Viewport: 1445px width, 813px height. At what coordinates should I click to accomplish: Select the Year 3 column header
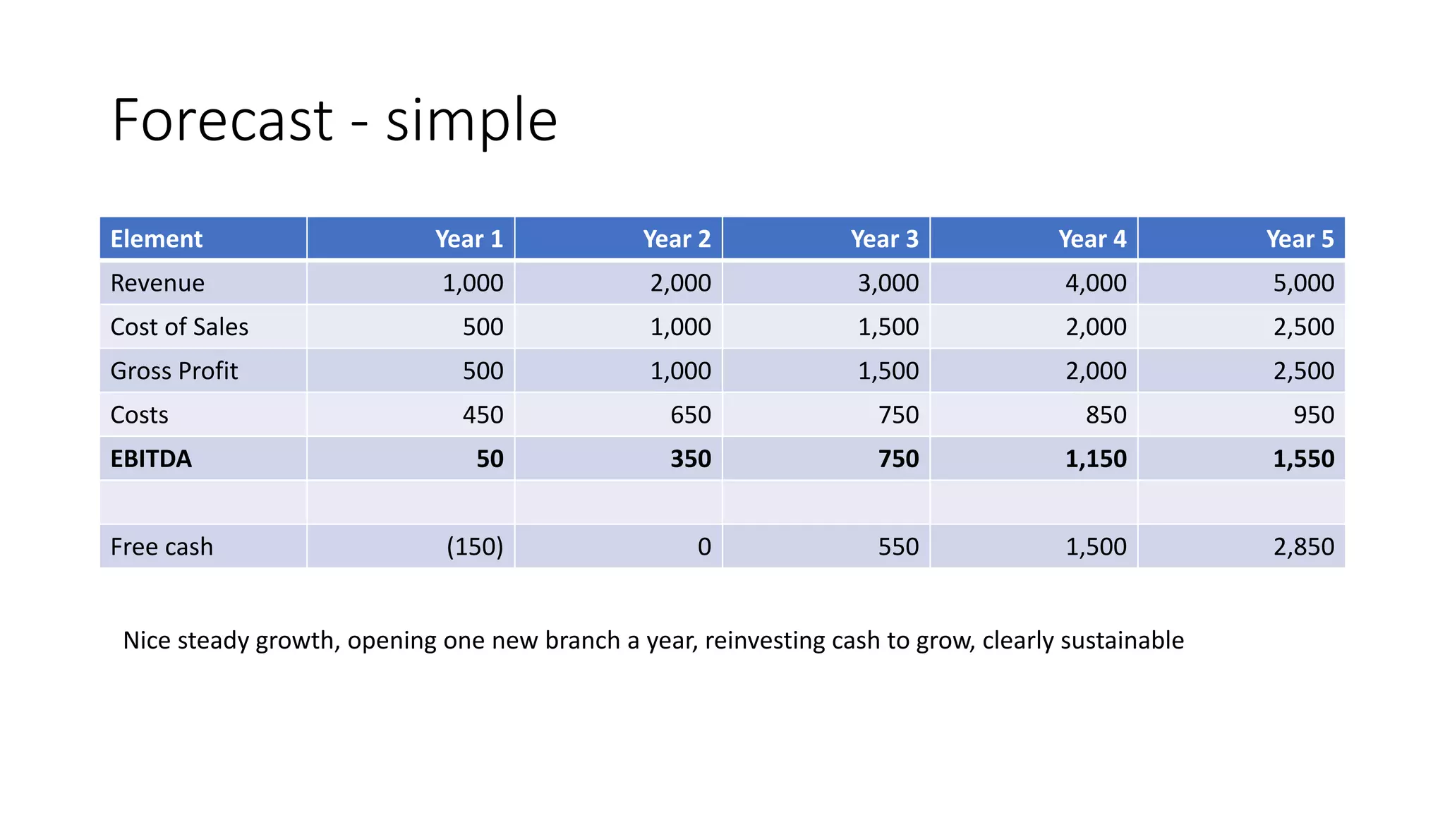pos(884,239)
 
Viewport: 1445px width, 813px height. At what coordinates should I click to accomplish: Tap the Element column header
pos(157,239)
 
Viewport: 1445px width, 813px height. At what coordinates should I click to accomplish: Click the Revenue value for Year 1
pos(473,283)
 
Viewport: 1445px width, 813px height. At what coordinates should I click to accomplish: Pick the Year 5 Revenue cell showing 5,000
pos(1303,283)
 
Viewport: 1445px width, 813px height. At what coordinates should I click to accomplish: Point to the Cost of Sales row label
pos(179,327)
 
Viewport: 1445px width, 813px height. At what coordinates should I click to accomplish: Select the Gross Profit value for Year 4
pos(1096,371)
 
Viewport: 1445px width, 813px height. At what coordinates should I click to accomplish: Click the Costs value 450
pos(483,414)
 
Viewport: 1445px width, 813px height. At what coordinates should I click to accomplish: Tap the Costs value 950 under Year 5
pos(1313,414)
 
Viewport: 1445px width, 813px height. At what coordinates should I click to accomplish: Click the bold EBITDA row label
pos(151,459)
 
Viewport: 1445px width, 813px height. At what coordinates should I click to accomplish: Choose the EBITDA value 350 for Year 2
pos(690,459)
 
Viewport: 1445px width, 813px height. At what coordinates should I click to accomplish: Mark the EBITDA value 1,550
pos(1303,459)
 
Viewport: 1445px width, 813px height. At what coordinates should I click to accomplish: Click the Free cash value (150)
pos(475,546)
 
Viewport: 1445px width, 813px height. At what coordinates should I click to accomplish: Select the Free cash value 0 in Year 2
pos(704,546)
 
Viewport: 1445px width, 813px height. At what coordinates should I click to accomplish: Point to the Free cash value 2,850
pos(1303,546)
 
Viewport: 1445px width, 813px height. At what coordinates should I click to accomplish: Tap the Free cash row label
pos(162,546)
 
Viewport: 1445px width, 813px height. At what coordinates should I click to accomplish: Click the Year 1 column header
pos(468,239)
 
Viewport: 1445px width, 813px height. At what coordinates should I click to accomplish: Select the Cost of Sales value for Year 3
pos(888,327)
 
